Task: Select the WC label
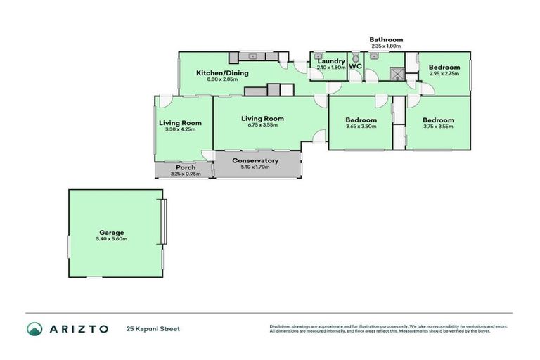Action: (355, 66)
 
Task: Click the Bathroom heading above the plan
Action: (386, 40)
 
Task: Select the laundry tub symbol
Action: (319, 55)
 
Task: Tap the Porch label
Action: (186, 167)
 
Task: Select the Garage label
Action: (112, 232)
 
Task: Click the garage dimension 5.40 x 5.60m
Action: (112, 239)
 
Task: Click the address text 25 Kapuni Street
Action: (153, 328)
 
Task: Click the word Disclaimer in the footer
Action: (282, 326)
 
